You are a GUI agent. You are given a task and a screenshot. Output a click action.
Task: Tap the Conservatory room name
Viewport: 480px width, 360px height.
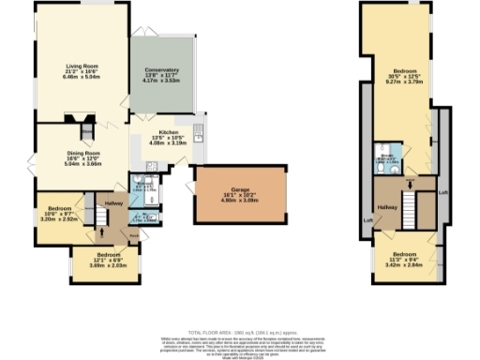pyautogui.click(x=161, y=70)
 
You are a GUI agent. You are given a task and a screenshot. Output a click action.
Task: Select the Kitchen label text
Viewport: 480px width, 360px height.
pyautogui.click(x=169, y=132)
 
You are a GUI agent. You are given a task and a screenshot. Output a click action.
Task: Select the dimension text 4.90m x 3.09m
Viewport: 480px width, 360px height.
pyautogui.click(x=238, y=200)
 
